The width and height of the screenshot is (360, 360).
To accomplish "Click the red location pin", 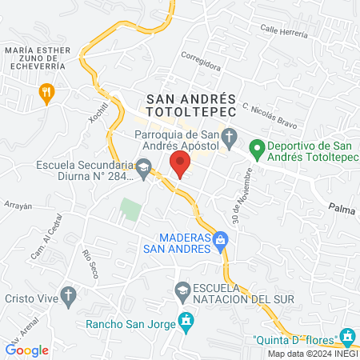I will coord(180,164).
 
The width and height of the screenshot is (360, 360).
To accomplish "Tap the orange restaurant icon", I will coord(47,93).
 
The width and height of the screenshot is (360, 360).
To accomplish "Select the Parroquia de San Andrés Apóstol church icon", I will coord(230,136).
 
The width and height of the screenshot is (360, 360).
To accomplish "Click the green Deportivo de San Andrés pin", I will coord(257,148).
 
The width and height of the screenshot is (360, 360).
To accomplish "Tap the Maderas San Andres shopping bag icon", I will coord(222,238).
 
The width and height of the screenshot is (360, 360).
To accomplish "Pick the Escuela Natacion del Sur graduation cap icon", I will coord(182,288).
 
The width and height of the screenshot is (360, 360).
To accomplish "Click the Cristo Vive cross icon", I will coord(70,295).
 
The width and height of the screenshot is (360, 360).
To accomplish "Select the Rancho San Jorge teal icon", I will coord(186,322).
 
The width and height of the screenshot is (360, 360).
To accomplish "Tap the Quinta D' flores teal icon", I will coord(346,335).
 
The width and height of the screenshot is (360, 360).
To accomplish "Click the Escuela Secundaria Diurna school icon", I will coord(144,166).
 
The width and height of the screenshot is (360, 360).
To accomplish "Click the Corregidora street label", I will coord(200,58).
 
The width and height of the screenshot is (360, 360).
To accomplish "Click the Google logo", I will coord(27,350).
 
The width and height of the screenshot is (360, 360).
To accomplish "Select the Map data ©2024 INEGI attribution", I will coord(312,354).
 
